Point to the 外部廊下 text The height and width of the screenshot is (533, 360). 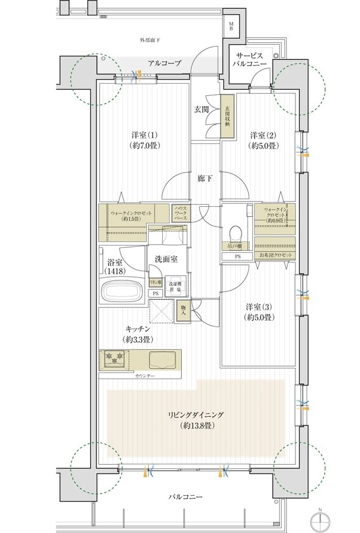[x=150, y=40]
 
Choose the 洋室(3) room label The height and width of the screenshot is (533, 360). [x=259, y=312]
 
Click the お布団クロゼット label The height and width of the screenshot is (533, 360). [x=275, y=256]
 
